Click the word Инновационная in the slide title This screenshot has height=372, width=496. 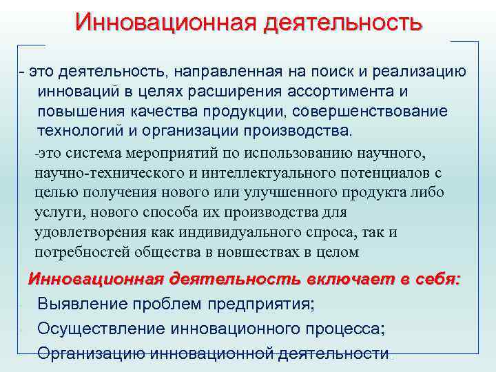coord(161,22)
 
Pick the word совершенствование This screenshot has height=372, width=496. coord(371,112)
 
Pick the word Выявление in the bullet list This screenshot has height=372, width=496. coord(79,304)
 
